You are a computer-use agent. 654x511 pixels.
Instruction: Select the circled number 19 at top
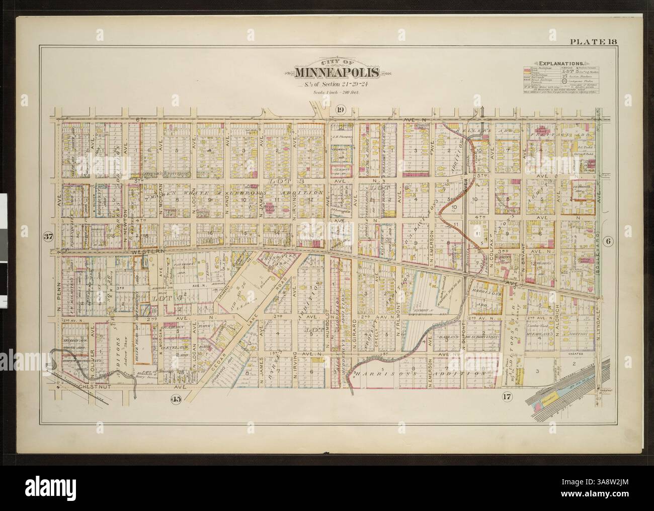(341, 110)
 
